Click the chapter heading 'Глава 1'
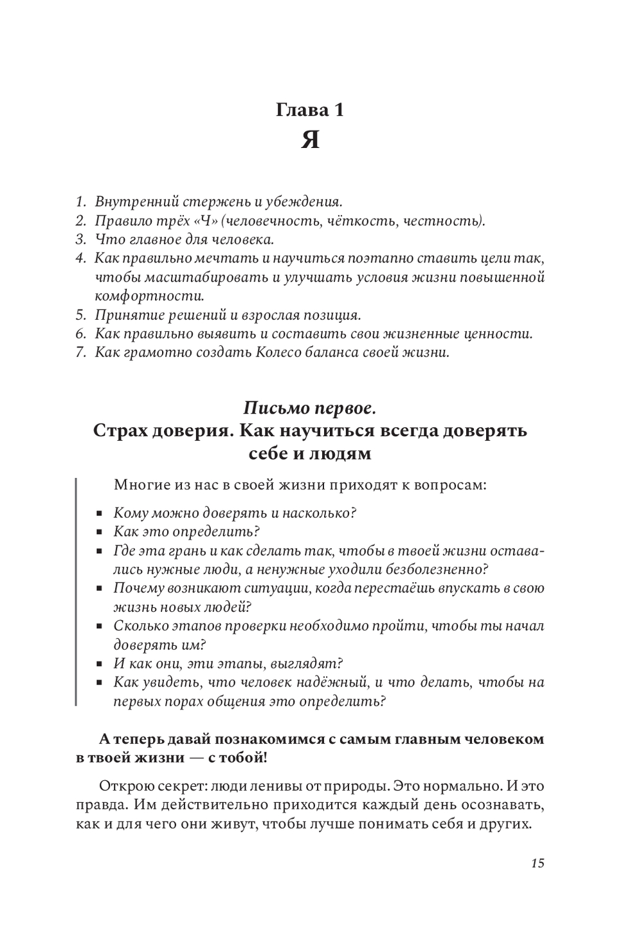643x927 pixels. pos(310,110)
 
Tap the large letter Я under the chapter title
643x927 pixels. pos(311,140)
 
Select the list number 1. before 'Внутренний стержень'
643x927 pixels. pos(80,202)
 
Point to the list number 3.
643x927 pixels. pos(80,240)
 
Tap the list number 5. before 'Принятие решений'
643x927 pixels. pos(80,315)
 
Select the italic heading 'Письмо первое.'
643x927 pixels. pos(310,408)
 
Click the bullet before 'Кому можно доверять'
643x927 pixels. pos(100,514)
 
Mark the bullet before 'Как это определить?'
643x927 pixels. pos(100,533)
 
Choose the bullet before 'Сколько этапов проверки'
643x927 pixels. pos(100,627)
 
